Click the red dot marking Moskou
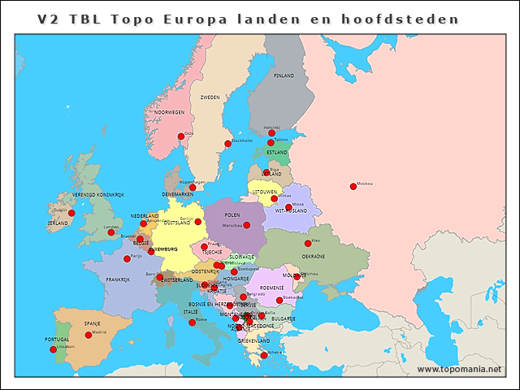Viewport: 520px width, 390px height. click(x=353, y=186)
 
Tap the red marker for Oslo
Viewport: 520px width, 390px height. click(x=181, y=136)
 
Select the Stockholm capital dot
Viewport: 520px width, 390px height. click(x=227, y=144)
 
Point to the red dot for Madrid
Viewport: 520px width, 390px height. click(x=89, y=335)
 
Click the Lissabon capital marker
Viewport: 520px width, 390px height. click(x=54, y=349)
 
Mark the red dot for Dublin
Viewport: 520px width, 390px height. click(x=71, y=213)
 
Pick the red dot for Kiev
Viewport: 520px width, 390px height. click(x=308, y=243)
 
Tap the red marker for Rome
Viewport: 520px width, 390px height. click(x=192, y=323)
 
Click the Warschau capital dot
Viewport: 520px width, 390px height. click(x=247, y=225)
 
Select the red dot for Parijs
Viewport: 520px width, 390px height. click(x=127, y=258)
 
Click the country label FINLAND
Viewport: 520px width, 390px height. click(x=284, y=76)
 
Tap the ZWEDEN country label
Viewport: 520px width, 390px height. click(x=210, y=97)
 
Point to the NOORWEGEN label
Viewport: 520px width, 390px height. click(x=170, y=112)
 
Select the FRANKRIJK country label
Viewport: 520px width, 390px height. click(x=118, y=279)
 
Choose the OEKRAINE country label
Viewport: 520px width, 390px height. click(x=314, y=256)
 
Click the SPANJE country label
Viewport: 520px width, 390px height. click(x=93, y=323)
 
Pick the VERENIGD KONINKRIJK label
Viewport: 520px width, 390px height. click(x=97, y=195)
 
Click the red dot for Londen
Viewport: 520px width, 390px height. click(x=111, y=232)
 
